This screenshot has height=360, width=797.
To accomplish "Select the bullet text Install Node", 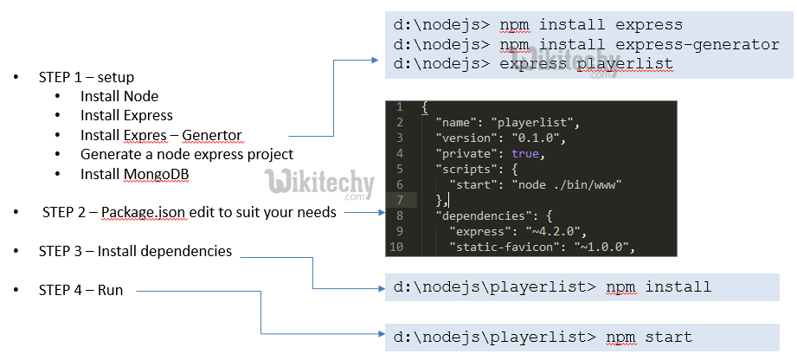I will click(x=119, y=96).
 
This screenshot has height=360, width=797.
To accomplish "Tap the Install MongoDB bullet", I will click(x=135, y=175).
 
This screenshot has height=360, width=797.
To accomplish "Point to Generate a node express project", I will click(x=187, y=155).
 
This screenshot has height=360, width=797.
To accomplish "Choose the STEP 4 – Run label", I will click(x=80, y=290).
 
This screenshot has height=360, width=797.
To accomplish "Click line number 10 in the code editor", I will click(x=398, y=248).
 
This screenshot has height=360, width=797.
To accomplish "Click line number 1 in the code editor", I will click(x=399, y=106).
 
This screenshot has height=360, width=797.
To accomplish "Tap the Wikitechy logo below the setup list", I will click(x=319, y=183).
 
